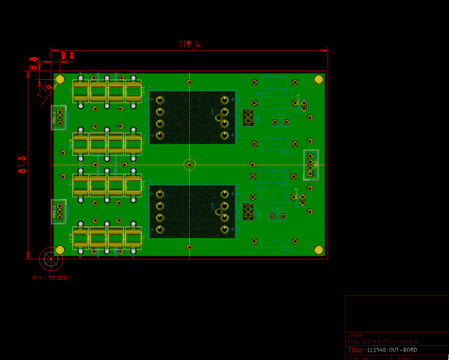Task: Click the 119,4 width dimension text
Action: (189, 44)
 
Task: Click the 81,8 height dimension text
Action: (22, 164)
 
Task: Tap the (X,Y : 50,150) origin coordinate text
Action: (50, 278)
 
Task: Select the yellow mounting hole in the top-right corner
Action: (318, 79)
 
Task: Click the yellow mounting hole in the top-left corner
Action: (60, 79)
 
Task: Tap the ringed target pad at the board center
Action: (190, 164)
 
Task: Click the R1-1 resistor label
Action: (287, 90)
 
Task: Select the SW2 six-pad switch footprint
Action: (248, 211)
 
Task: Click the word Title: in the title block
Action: (356, 350)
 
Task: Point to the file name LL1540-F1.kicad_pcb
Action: (387, 341)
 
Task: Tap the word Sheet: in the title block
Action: (355, 335)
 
